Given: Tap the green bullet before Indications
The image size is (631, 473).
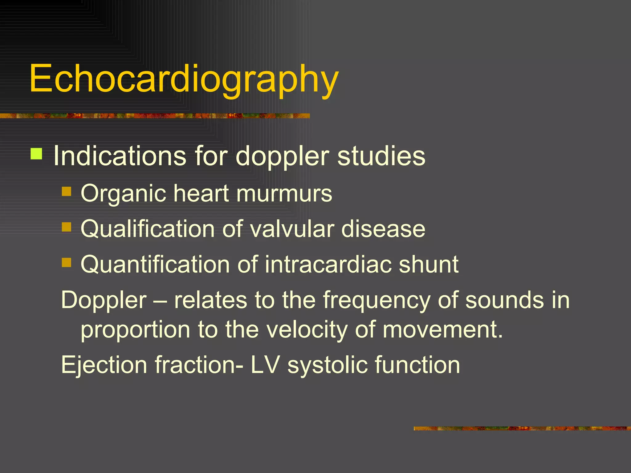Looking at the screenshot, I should tap(36, 154).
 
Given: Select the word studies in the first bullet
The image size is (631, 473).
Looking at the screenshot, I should tap(381, 156).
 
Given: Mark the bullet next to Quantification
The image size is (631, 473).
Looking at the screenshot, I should tap(66, 263).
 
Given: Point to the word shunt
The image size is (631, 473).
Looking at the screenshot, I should tap(429, 265).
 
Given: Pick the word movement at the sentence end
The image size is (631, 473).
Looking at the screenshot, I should tap(443, 329).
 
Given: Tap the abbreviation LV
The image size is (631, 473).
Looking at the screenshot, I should tap(265, 365).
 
